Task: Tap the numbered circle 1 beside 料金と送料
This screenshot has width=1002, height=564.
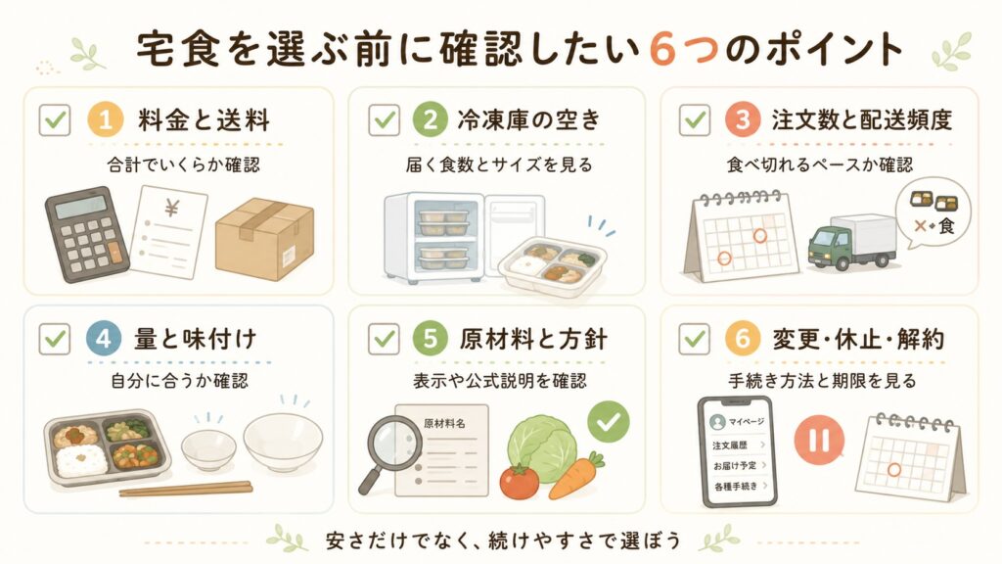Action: pos(105,119)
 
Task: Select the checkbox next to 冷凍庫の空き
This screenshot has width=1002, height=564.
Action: pos(384,119)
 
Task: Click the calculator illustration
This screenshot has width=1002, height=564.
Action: pos(86,234)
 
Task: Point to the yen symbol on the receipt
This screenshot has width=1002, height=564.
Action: pos(172,208)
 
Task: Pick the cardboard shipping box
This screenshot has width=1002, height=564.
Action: pos(264,239)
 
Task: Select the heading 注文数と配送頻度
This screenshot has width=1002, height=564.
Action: pos(861,120)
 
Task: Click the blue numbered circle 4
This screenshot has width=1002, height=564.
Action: pos(104,338)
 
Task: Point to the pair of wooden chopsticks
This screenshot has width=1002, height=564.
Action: pos(185,489)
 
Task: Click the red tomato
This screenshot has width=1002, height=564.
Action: pos(519,482)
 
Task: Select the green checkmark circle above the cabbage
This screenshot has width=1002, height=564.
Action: pos(609,421)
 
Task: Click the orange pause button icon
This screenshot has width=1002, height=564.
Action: pos(819,440)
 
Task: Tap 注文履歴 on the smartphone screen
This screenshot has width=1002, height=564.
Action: pos(730,446)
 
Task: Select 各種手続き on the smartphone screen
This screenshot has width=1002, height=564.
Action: pos(736,487)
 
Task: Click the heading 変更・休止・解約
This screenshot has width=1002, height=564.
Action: pos(858,339)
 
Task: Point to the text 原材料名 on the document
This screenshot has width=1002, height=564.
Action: pos(444,423)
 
